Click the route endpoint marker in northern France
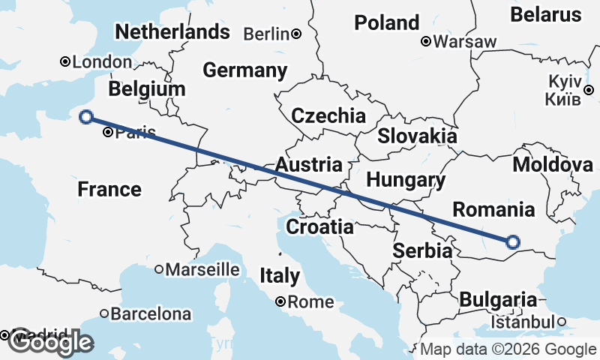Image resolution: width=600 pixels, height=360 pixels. click(x=86, y=116)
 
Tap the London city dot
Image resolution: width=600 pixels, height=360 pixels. click(x=65, y=61)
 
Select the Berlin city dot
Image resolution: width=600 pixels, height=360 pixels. click(x=297, y=34)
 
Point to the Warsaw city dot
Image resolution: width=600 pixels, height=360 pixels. click(x=425, y=41)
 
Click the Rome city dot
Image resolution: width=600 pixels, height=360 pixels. click(x=280, y=302)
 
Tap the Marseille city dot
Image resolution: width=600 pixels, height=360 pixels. click(x=159, y=269)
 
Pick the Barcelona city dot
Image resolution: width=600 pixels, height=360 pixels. click(x=104, y=313)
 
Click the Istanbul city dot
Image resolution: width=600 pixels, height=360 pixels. click(x=561, y=322)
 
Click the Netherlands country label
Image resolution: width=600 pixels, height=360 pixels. click(x=172, y=32)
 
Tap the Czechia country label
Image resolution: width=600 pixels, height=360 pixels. click(x=328, y=116)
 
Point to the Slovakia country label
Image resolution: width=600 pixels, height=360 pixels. click(x=417, y=136)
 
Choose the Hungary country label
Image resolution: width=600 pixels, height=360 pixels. click(x=406, y=180)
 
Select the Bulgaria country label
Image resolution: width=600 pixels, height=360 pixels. click(x=498, y=300)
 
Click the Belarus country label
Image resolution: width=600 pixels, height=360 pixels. click(x=545, y=14)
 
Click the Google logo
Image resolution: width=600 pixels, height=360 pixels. click(x=50, y=343)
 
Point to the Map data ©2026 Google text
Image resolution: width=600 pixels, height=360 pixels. click(x=508, y=349)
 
